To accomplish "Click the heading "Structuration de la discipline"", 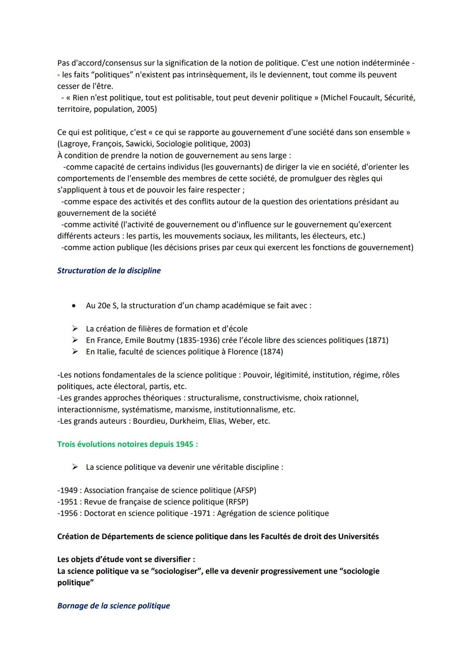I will click(109, 271).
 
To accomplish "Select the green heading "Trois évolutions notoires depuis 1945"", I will click(127, 444).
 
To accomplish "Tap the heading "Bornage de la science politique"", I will click(113, 606).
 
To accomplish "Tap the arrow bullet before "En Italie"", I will click(75, 352).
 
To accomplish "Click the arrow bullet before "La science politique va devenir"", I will click(75, 467).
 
